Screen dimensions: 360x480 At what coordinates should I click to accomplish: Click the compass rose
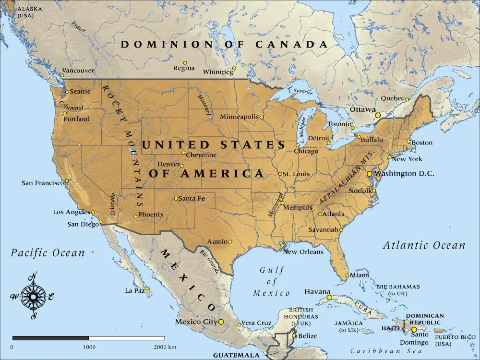coord(33,296)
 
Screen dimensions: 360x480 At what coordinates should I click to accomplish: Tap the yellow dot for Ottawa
coord(378,115)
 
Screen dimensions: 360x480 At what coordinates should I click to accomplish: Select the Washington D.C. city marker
coord(369,174)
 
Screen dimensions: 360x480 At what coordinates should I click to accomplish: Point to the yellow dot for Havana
coord(329,298)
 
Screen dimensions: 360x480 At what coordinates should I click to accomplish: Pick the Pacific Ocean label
coord(48,252)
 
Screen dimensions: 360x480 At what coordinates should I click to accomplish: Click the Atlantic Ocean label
coord(424,245)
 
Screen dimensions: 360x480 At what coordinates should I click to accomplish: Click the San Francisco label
coord(42,183)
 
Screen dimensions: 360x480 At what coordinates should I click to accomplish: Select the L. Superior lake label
coord(300,91)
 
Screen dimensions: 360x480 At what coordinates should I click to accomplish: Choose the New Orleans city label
coord(303,252)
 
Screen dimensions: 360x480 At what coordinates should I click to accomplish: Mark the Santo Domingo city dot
coord(414,330)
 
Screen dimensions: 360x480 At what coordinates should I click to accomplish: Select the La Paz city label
coord(134,291)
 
